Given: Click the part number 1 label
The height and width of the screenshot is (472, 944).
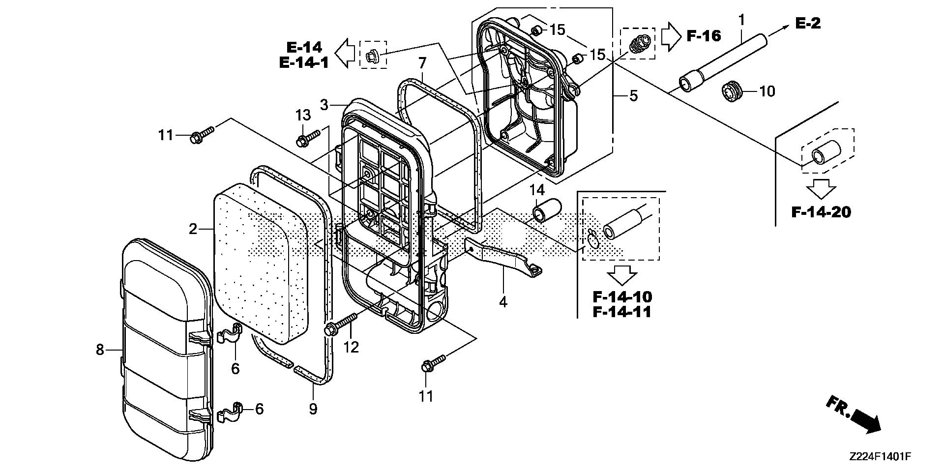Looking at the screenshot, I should click(741, 20).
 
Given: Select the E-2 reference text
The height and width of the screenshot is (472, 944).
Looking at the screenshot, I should click(808, 23).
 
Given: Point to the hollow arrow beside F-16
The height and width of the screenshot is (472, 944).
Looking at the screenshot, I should click(669, 36).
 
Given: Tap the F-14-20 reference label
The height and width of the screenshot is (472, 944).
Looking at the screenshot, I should click(821, 212).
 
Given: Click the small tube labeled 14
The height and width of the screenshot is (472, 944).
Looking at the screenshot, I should click(547, 210).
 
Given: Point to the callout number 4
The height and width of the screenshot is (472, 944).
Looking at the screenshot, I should click(502, 301).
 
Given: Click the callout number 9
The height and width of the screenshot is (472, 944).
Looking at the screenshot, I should click(313, 409).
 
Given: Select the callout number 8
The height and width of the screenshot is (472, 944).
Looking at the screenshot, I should click(100, 350).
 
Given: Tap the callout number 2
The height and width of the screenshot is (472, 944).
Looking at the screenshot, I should click(193, 229).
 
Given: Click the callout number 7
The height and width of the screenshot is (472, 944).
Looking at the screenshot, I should click(422, 63).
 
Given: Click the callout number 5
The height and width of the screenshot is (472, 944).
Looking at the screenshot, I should click(633, 95).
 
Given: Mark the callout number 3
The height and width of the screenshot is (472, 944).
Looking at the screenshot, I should click(324, 105).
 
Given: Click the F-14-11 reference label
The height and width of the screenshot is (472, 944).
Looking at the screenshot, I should click(622, 312).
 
